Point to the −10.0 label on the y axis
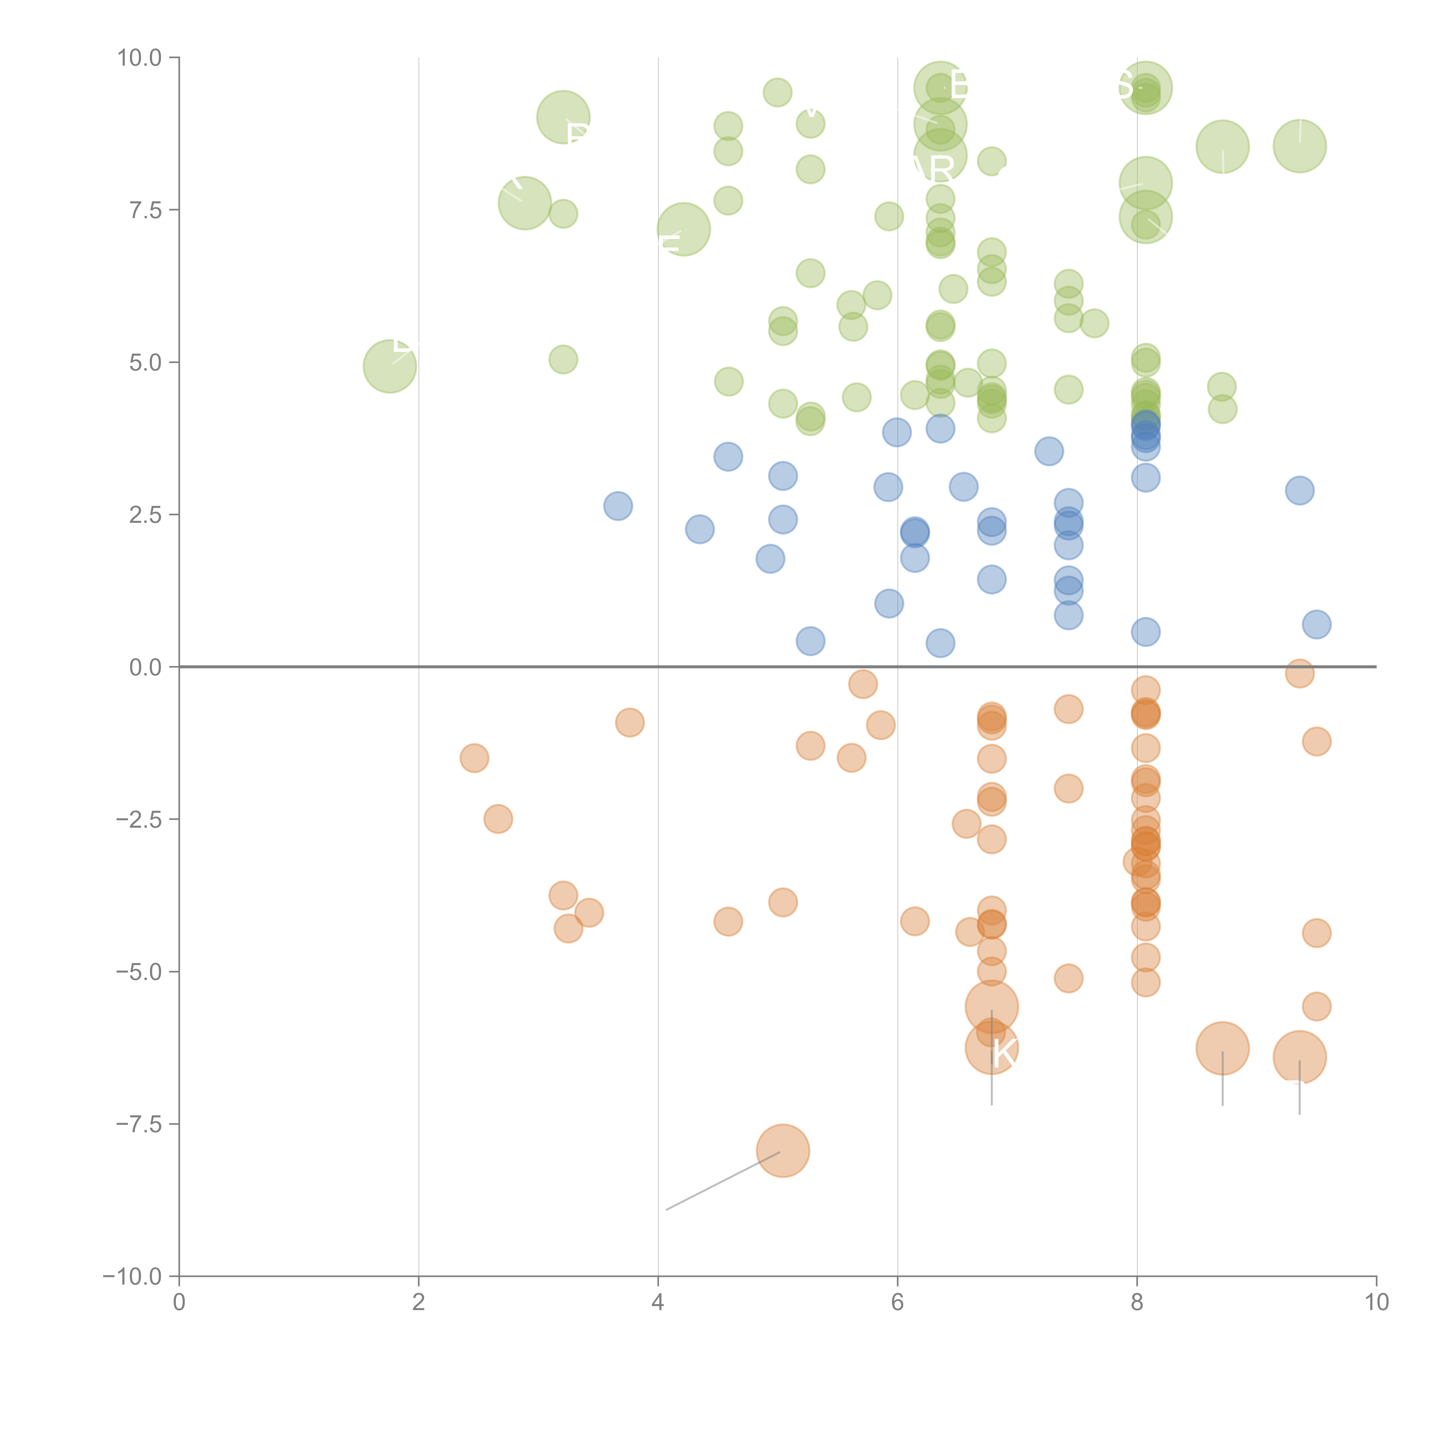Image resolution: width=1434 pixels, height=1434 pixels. pos(132,1277)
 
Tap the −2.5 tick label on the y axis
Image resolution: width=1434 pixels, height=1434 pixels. pos(139,819)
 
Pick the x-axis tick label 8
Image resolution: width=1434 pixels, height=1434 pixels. pos(1137,1303)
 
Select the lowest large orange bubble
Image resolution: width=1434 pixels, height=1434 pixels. pos(783,1150)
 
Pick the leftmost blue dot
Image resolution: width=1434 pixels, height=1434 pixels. pos(617,506)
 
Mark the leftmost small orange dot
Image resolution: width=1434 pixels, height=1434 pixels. pos(474,758)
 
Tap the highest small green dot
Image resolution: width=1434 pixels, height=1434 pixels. pos(777,92)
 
